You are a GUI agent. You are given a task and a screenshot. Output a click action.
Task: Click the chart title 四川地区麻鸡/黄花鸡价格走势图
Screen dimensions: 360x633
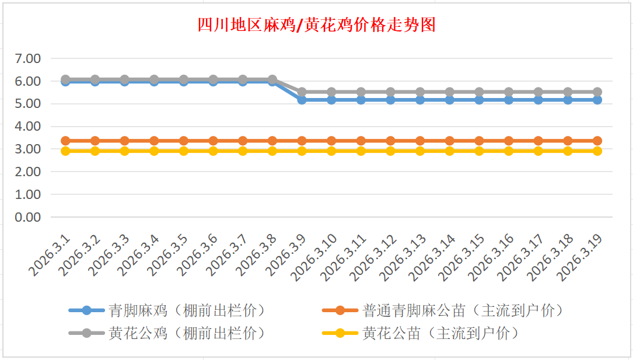point(316,25)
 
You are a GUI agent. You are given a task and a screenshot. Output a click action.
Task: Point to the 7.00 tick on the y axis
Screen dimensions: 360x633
point(28,58)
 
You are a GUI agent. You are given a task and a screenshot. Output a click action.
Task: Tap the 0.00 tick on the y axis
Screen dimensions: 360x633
point(28,217)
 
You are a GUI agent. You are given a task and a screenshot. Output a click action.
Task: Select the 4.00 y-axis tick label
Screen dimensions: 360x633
point(28,126)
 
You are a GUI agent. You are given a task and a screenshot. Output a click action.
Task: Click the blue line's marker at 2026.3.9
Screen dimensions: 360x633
point(302,100)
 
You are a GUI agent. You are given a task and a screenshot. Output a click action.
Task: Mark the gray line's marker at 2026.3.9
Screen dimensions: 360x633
point(302,92)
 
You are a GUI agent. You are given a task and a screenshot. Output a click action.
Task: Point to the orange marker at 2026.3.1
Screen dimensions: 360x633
point(65,141)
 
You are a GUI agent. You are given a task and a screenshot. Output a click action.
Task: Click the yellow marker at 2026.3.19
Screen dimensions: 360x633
point(597,151)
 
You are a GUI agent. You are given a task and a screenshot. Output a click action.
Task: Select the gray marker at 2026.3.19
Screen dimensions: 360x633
point(597,92)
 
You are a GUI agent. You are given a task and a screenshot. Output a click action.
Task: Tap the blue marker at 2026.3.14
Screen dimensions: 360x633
point(449,100)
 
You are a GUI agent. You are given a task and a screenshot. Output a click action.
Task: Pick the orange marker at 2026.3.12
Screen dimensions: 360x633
point(390,141)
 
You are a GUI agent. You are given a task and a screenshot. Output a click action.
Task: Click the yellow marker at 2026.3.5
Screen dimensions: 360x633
point(184,151)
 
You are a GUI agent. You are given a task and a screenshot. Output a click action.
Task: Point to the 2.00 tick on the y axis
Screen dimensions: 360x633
point(28,172)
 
